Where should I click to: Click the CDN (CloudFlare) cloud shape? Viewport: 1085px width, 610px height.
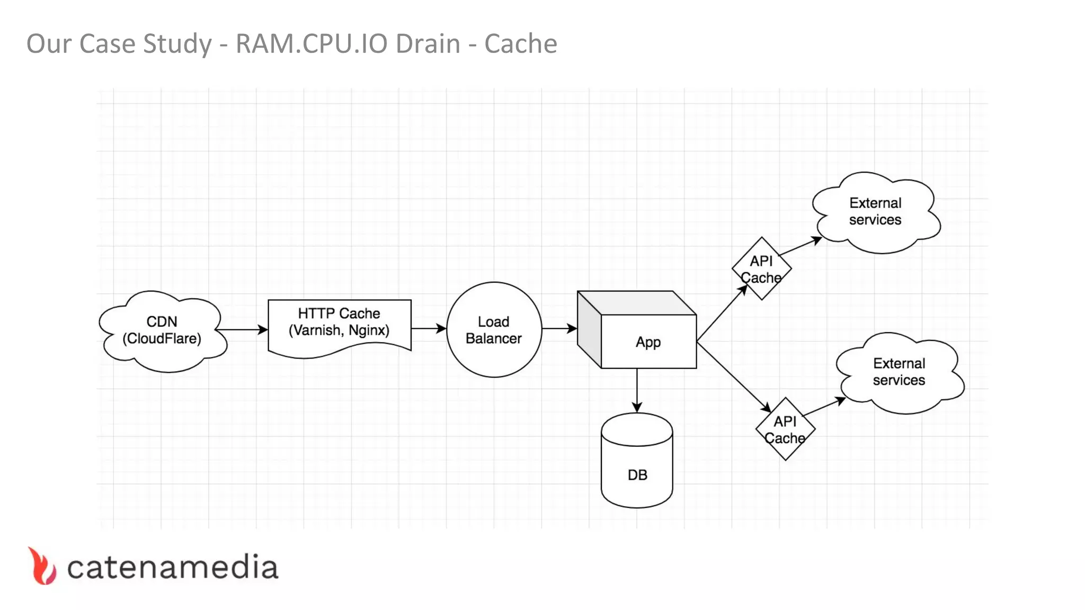(x=162, y=330)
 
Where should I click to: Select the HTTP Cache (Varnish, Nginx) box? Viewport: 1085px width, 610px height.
(x=339, y=323)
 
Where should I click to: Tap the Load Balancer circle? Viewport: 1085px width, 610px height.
(x=494, y=330)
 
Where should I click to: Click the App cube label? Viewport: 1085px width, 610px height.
(x=648, y=342)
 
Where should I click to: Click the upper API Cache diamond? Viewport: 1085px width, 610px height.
(x=761, y=269)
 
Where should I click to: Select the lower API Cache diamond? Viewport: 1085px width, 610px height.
(x=785, y=429)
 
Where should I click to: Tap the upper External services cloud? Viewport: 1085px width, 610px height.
(x=875, y=212)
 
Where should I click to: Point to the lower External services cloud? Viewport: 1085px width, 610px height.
(x=899, y=372)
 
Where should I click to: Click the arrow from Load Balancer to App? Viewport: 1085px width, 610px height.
(x=559, y=329)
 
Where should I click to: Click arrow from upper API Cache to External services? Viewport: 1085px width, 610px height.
(x=800, y=247)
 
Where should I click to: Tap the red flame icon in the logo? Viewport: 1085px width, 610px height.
(x=42, y=567)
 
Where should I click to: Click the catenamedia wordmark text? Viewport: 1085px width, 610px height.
(x=172, y=568)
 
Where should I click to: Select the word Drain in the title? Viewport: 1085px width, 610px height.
(x=428, y=43)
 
